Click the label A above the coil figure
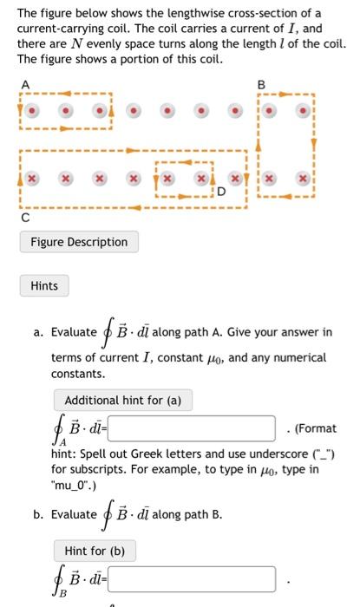click(24, 83)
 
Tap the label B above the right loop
click(260, 84)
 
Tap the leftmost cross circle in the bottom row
click(31, 177)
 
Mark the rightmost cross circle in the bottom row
click(303, 177)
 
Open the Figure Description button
click(79, 242)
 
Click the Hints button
click(43, 285)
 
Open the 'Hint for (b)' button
click(95, 551)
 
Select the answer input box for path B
click(192, 578)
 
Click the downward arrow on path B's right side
click(314, 142)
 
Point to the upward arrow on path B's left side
click(258, 142)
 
